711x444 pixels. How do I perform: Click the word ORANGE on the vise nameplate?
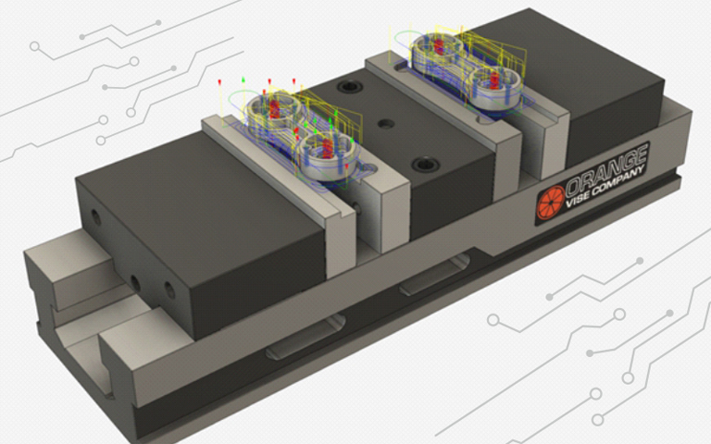[x=606, y=167]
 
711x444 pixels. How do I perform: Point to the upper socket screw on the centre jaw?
[x=348, y=86]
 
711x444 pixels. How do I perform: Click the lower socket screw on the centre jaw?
[x=425, y=164]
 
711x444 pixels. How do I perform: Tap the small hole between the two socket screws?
[x=386, y=123]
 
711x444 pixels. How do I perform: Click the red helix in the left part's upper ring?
[x=274, y=109]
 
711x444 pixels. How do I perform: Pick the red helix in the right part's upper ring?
[x=439, y=46]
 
